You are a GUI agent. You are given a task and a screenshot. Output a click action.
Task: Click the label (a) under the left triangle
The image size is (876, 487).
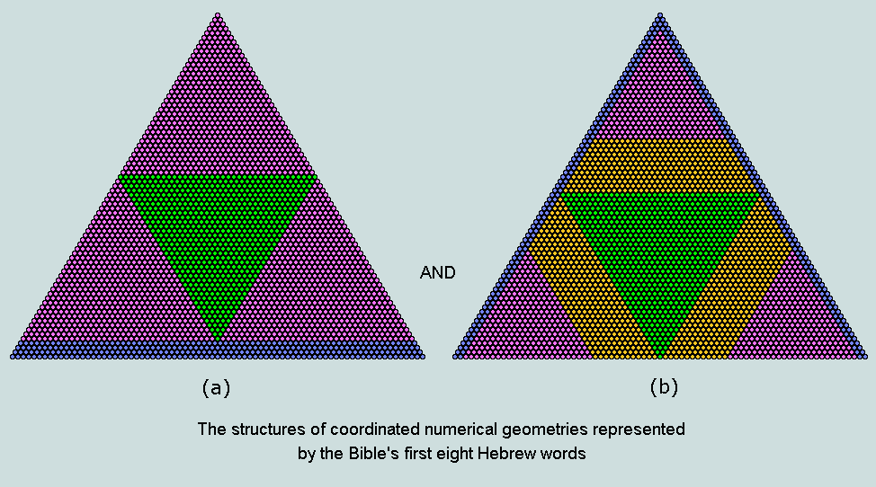click(x=216, y=387)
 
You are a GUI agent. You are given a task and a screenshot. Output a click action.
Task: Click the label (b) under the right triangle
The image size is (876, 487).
click(x=664, y=387)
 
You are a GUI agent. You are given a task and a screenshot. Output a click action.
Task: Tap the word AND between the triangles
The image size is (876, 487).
click(x=438, y=273)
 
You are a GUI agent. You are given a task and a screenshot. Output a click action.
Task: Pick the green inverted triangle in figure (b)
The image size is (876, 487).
click(x=660, y=252)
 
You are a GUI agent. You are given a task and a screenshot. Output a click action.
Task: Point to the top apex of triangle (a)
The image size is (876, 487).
click(x=218, y=15)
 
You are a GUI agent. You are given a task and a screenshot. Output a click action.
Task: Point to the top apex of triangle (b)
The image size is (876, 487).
click(x=660, y=15)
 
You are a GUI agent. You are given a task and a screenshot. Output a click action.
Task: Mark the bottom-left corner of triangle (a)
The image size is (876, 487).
click(x=13, y=356)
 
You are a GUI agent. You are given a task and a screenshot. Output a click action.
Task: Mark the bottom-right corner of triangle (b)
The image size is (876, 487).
click(x=864, y=356)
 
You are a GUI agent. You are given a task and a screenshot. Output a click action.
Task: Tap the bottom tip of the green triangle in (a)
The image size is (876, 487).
click(x=218, y=338)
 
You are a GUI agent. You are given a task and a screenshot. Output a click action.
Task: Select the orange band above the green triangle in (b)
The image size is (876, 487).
click(x=660, y=166)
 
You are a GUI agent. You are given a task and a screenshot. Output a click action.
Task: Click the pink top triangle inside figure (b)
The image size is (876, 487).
click(x=660, y=90)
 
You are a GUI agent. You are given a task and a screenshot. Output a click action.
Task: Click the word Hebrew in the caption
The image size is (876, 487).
click(x=506, y=454)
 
